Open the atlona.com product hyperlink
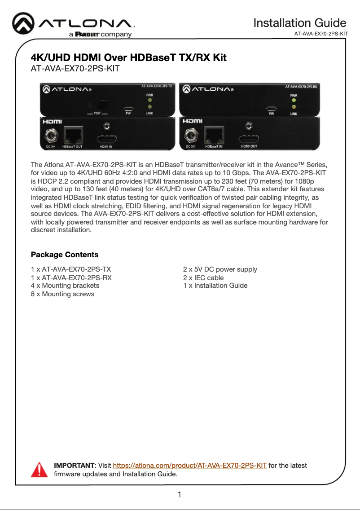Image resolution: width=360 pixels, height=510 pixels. pyautogui.click(x=189, y=466)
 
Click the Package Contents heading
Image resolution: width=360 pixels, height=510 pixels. pyautogui.click(x=65, y=255)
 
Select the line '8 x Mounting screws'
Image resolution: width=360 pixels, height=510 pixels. pyautogui.click(x=62, y=294)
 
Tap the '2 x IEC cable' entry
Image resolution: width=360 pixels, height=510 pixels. pyautogui.click(x=203, y=277)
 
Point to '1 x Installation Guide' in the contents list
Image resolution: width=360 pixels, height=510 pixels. pyautogui.click(x=215, y=286)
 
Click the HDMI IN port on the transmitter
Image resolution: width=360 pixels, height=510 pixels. pyautogui.click(x=106, y=139)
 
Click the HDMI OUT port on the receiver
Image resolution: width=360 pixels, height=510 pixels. pyautogui.click(x=249, y=139)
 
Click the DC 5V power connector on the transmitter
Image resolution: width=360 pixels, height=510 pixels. pyautogui.click(x=50, y=136)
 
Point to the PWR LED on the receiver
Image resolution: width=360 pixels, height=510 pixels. pyautogui.click(x=294, y=101)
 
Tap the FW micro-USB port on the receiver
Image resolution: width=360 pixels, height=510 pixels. pyautogui.click(x=271, y=108)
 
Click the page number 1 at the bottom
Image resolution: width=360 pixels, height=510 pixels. pyautogui.click(x=180, y=495)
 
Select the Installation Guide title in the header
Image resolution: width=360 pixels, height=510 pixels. pyautogui.click(x=299, y=22)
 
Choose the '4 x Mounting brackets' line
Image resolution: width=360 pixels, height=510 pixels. pyautogui.click(x=65, y=286)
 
